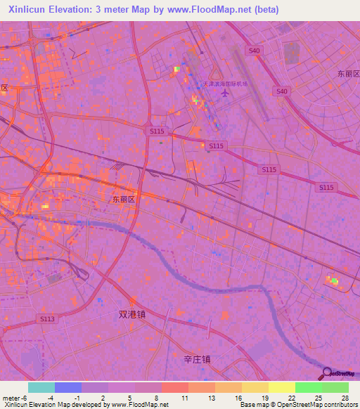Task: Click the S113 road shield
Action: coord(47,319)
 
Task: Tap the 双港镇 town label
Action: coord(131,316)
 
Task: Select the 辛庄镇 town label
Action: coord(197,359)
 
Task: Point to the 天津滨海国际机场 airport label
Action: coord(226,84)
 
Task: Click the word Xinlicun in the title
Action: coord(27,10)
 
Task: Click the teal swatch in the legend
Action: coord(41,387)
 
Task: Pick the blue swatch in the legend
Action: coord(68,387)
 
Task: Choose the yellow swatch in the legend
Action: coord(282,387)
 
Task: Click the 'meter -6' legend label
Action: coord(15,398)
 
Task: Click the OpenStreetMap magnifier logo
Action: coord(326,375)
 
